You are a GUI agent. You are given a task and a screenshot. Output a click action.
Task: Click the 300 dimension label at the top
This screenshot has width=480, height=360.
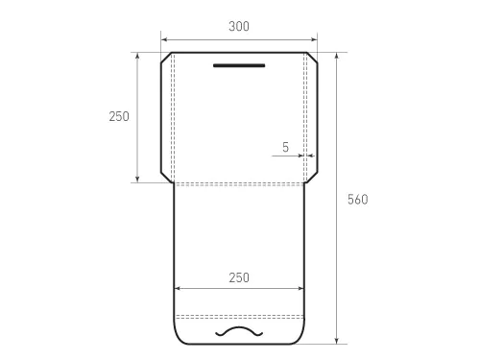coord(239,26)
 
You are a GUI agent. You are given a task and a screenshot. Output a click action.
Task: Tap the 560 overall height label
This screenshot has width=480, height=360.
coord(358,200)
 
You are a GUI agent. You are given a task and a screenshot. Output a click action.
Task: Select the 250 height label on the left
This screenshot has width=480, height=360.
coord(119,116)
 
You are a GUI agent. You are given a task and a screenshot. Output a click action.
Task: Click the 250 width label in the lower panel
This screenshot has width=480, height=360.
coord(239,277)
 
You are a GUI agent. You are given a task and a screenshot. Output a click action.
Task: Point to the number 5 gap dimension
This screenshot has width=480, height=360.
coord(285,147)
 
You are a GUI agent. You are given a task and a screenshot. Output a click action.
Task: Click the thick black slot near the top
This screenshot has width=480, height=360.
coord(239,65)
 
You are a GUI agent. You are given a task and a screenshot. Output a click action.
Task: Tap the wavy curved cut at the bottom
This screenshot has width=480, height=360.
coord(239,332)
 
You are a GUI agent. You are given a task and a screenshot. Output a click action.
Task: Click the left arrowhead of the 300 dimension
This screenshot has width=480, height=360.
coord(164,39)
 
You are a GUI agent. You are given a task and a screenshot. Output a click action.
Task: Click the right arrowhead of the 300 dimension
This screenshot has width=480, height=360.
coord(314,39)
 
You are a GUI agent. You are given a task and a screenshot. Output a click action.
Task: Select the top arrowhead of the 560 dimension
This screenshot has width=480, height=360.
coord(337,56)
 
